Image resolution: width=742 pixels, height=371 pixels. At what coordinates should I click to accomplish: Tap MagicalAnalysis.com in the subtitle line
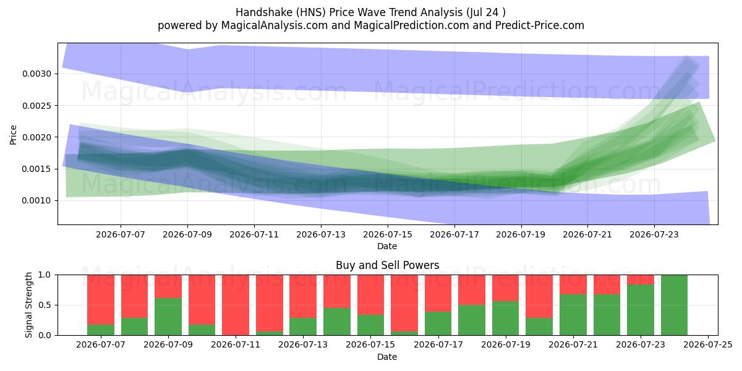pos(275,25)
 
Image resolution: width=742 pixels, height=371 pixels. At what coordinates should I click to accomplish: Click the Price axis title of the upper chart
pos(13,135)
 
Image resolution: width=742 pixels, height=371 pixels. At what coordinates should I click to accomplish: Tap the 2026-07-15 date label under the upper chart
pos(388,234)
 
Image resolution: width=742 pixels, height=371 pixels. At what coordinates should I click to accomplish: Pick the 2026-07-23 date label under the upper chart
pos(654,234)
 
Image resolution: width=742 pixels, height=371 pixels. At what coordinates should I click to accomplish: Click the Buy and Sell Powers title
pos(388,265)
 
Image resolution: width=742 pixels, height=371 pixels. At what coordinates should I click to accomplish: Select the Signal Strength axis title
pos(28,305)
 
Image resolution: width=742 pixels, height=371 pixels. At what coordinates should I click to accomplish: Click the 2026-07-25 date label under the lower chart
pos(708,345)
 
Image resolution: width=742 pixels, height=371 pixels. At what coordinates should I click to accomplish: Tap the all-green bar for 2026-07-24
pos(674,305)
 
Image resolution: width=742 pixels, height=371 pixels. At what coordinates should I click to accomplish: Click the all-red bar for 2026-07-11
pos(236,305)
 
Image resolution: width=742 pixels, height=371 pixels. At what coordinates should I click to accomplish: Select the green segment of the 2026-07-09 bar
pos(168,317)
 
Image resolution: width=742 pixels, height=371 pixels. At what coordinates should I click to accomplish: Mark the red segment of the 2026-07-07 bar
pos(101,300)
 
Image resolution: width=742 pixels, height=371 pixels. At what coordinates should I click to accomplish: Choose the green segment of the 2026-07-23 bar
pos(641,310)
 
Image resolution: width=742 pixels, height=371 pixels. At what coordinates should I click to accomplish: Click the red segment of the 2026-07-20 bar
pos(539,296)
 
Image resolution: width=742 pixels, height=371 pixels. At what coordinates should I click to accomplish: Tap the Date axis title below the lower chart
pos(387,357)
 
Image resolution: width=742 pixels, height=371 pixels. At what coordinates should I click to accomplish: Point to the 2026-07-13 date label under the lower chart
pos(303,345)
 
